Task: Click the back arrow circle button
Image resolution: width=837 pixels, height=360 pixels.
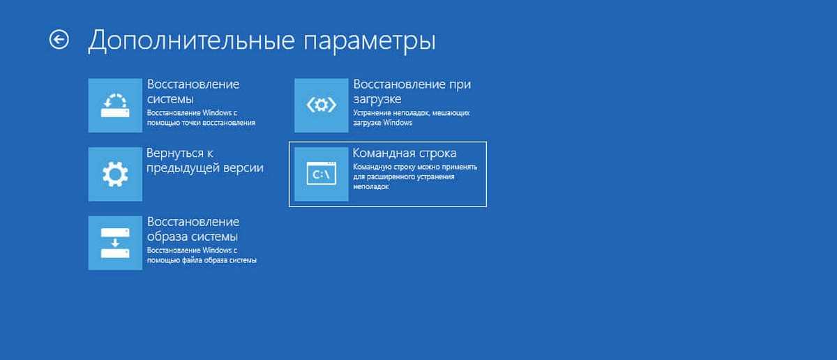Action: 59,39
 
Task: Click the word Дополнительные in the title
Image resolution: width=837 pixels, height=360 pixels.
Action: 192,40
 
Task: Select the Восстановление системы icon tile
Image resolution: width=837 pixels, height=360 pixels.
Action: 115,105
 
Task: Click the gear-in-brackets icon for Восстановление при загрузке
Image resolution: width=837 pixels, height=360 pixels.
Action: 322,105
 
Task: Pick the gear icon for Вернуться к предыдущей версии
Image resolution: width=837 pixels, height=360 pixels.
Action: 115,174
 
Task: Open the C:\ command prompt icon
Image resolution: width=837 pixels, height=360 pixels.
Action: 322,174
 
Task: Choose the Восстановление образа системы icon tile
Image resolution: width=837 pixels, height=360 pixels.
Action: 115,243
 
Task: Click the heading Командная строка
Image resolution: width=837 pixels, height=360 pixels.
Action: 405,153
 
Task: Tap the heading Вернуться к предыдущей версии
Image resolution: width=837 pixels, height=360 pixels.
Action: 205,160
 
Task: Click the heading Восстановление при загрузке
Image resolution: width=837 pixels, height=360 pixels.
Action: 412,91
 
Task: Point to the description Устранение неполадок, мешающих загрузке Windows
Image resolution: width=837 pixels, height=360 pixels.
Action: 412,118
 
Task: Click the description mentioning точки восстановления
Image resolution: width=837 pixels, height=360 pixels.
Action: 201,118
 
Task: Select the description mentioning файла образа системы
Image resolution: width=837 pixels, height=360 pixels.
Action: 202,255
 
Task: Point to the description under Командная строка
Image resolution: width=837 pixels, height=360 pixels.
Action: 415,177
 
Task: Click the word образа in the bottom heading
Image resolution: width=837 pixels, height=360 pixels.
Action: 167,237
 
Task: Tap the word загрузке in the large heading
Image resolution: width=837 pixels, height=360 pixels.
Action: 377,100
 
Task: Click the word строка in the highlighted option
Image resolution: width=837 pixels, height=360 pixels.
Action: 437,153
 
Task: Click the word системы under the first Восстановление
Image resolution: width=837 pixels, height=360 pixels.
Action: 170,100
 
